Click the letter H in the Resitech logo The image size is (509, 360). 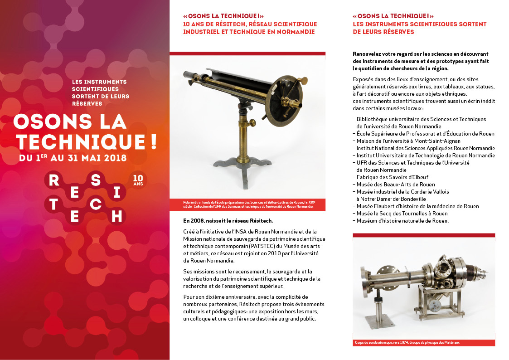(116, 215)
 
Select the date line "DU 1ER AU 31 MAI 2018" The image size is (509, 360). (73, 158)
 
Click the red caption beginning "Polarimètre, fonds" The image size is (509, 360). (247, 204)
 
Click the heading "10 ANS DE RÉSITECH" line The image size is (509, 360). (250, 24)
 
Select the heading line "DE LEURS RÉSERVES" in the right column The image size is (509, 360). (383, 32)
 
